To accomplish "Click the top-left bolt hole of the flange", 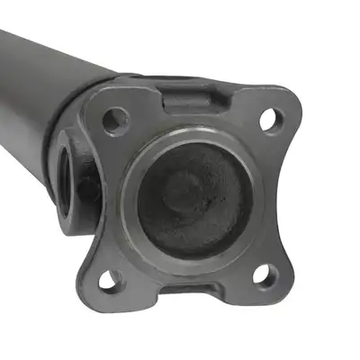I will (115, 117).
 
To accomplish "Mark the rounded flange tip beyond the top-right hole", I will (283, 104).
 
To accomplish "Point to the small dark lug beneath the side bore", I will (86, 188).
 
